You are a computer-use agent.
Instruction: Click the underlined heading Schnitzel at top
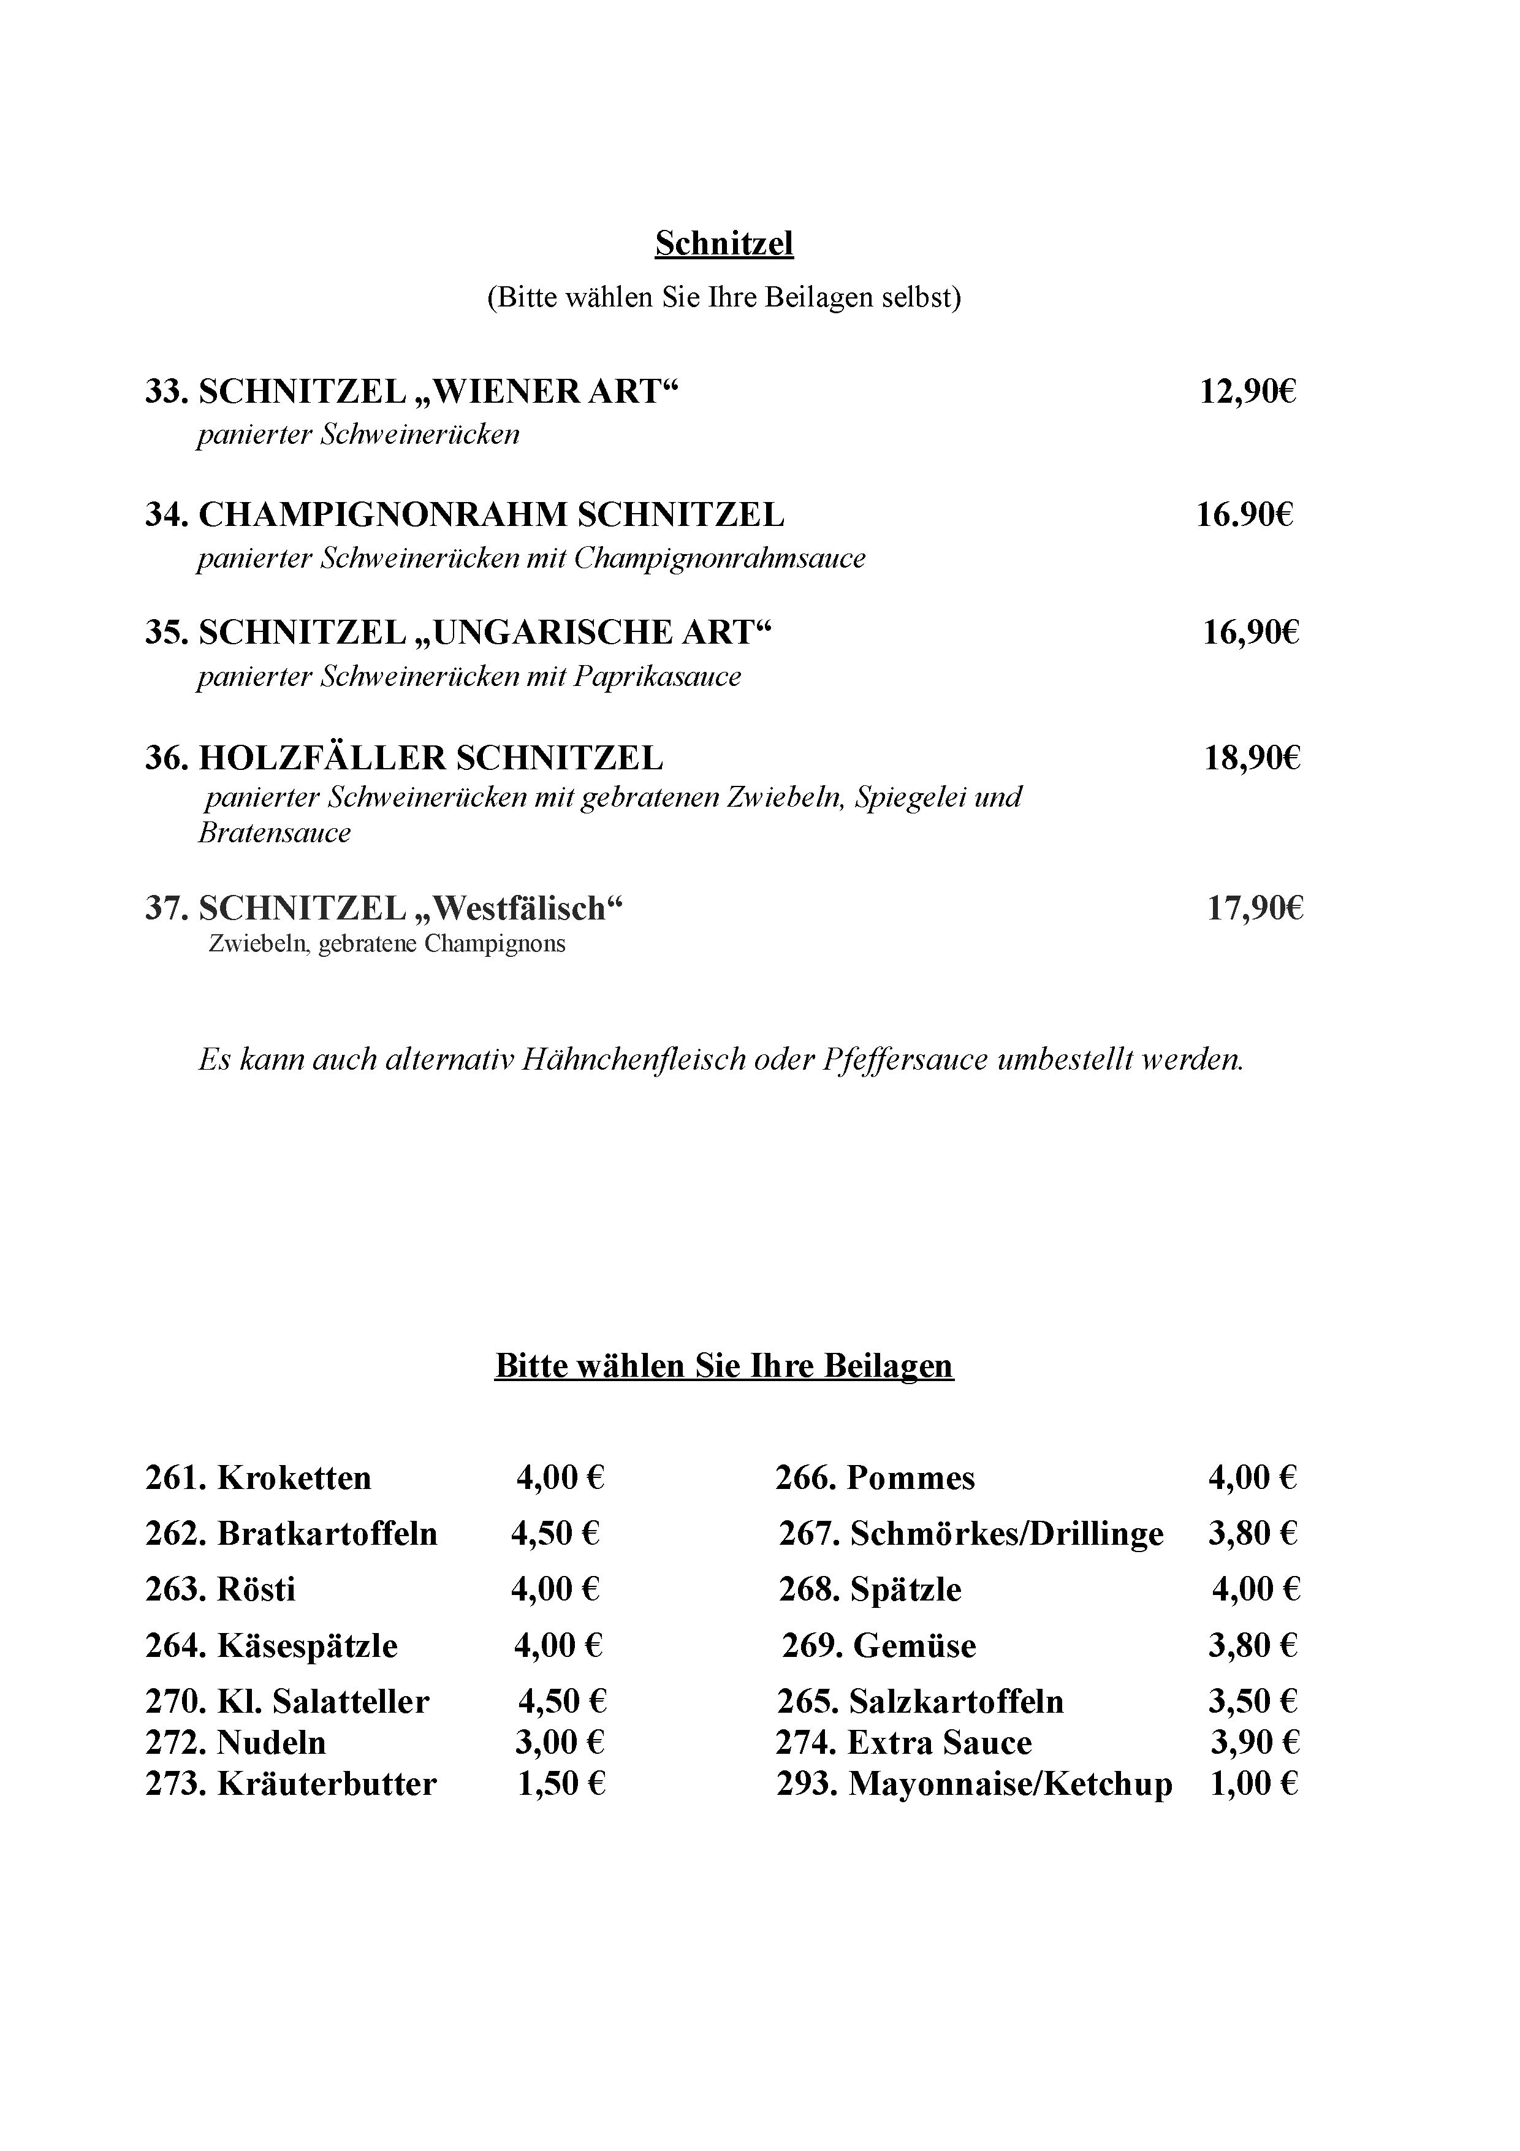tap(724, 243)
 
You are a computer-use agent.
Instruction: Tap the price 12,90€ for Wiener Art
tap(1247, 392)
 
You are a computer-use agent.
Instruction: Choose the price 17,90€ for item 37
tap(1255, 908)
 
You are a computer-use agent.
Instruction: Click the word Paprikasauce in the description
tap(656, 676)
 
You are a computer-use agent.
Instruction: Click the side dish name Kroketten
tap(294, 1479)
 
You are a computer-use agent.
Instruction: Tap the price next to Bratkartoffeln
tap(555, 1534)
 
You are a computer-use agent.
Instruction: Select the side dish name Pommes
tap(910, 1479)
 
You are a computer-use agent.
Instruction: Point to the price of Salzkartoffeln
tap(1252, 1701)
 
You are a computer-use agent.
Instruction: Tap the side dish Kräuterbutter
tap(327, 1784)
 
